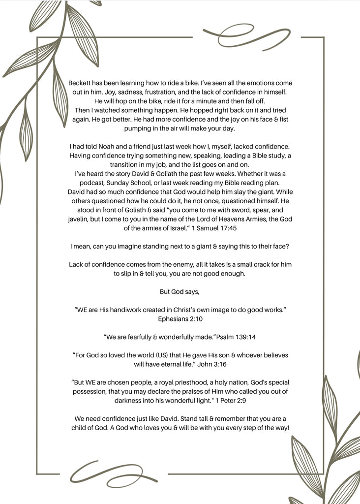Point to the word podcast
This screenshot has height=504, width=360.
point(91,183)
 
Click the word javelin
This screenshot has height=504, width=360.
point(79,219)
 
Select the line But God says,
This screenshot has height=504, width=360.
point(180,291)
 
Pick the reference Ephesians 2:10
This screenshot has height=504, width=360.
point(180,319)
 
